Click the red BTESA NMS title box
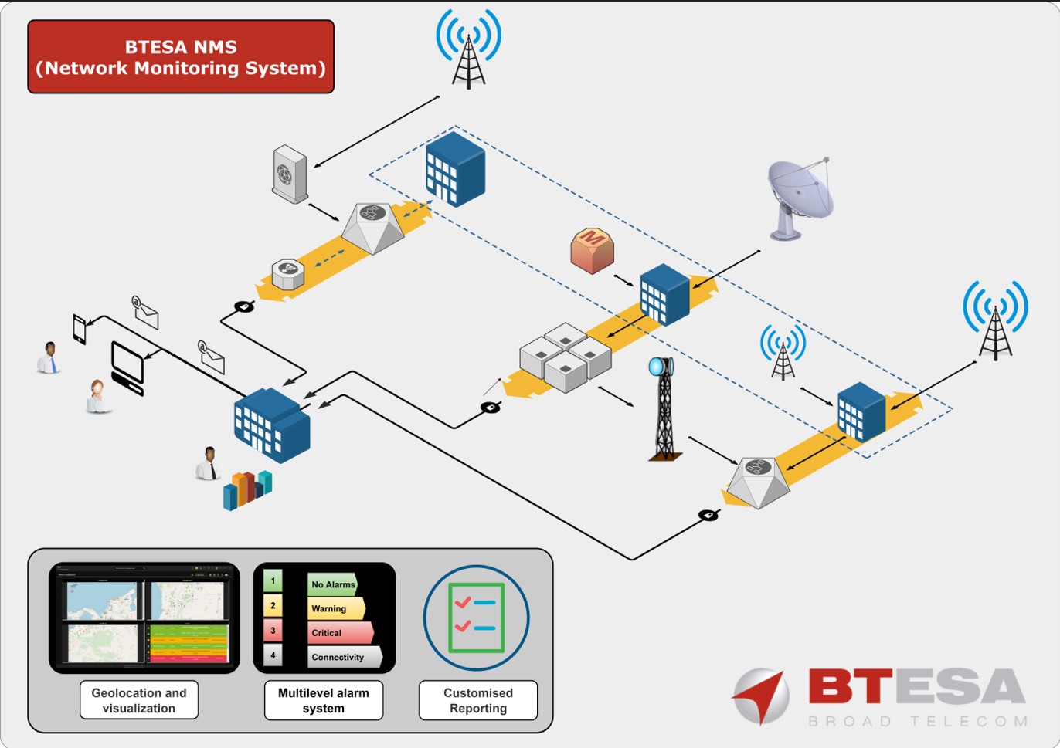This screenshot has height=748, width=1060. [x=181, y=57]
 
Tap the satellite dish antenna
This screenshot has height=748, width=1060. [x=800, y=197]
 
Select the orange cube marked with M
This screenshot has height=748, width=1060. [x=592, y=251]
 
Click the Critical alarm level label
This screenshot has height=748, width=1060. [x=340, y=633]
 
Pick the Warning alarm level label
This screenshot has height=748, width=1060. [x=335, y=608]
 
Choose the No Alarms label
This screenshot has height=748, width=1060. [x=332, y=584]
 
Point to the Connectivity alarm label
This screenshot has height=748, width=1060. [x=344, y=657]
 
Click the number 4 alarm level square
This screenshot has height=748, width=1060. [x=273, y=655]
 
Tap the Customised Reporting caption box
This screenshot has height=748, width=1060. [x=477, y=700]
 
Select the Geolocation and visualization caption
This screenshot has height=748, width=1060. [x=139, y=700]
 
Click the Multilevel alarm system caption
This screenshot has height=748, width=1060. [x=324, y=700]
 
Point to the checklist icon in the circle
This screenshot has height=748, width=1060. [x=476, y=618]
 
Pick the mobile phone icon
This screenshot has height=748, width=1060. [x=80, y=329]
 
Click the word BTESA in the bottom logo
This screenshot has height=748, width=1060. [x=916, y=687]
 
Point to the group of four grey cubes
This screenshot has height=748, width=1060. [x=566, y=357]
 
